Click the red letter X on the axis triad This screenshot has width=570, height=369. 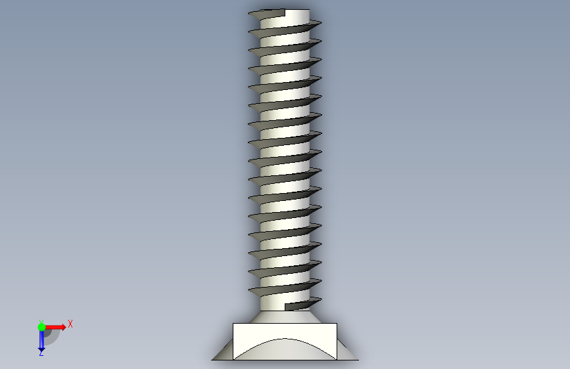70,324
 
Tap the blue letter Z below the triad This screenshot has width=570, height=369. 41,353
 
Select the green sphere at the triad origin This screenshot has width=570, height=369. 41,327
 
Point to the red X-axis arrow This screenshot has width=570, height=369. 55,327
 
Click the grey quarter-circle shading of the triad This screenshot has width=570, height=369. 52,337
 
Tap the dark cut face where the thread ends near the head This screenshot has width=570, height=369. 297,306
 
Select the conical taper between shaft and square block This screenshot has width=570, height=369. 285,316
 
